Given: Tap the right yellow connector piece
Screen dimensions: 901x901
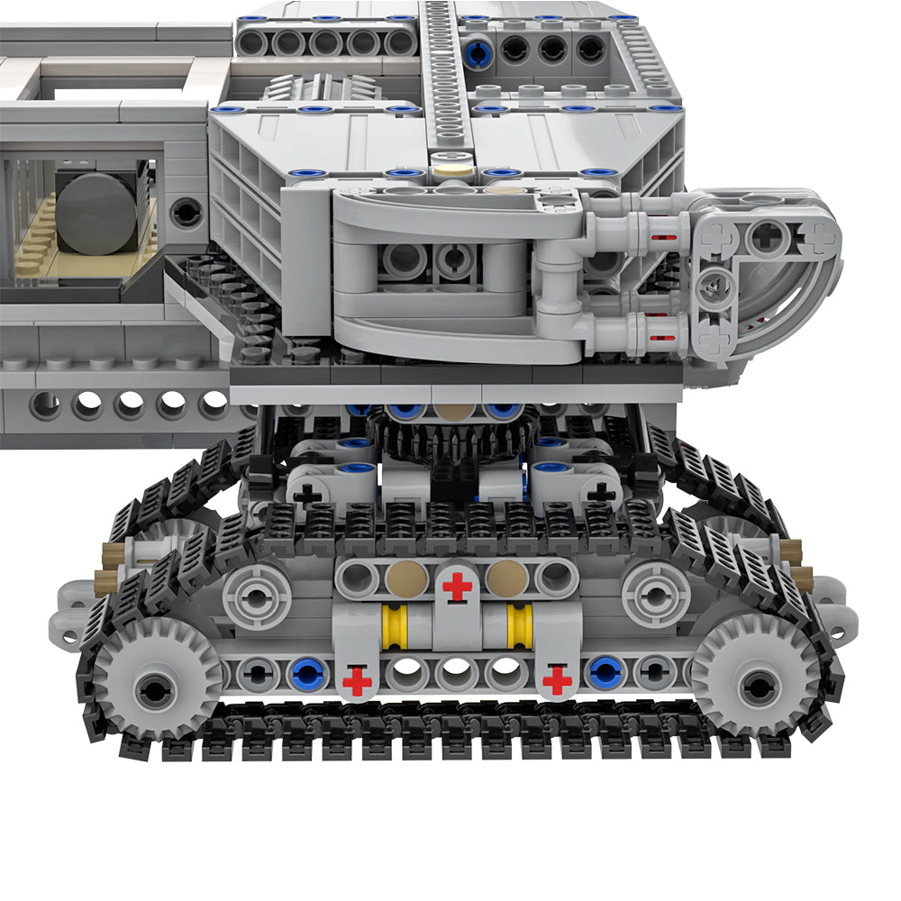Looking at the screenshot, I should (x=520, y=626).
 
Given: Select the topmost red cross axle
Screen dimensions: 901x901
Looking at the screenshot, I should (x=457, y=587).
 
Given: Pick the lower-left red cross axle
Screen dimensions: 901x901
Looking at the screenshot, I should (x=357, y=681).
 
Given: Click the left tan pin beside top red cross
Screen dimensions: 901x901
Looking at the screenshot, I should (x=407, y=578).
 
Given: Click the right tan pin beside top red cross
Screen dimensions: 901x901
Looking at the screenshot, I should (x=506, y=578).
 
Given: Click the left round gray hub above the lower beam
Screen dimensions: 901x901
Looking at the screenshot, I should (x=257, y=596).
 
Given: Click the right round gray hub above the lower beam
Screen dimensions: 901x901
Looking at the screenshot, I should (x=656, y=596).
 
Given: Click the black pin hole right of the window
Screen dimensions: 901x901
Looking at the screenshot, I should (x=187, y=213).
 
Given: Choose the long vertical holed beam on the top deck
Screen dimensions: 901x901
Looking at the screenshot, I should (x=441, y=72).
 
